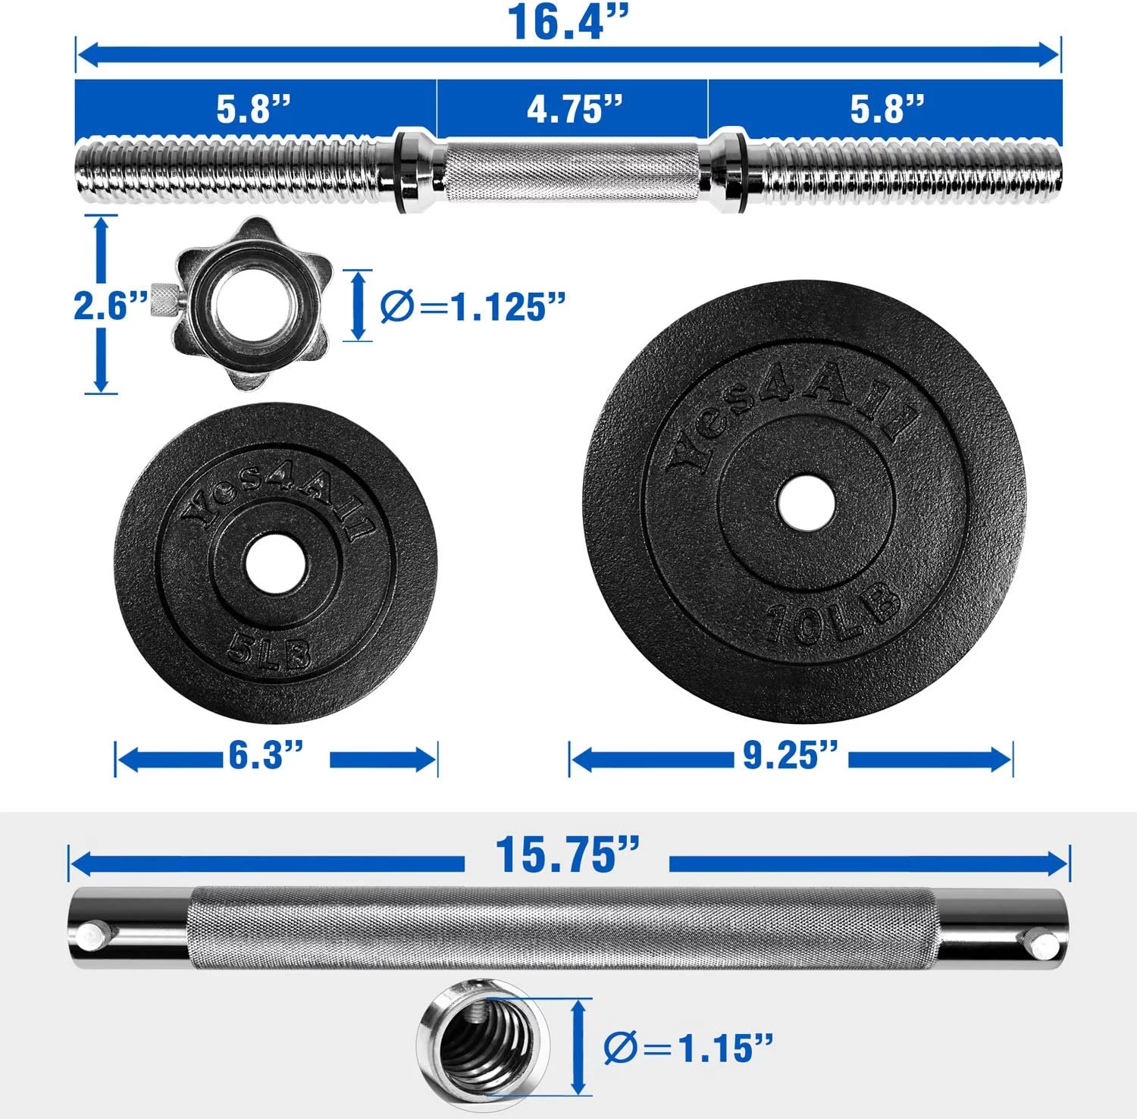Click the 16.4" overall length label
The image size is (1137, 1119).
point(568,22)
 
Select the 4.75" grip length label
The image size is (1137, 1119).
point(574,109)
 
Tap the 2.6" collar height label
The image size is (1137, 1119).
point(110,306)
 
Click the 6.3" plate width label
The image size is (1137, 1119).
point(266,755)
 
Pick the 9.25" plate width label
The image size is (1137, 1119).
point(791,755)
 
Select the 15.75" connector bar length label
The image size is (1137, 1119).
point(567,855)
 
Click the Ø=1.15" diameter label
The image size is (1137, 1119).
point(688,1048)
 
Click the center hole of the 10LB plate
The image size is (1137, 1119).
point(806,503)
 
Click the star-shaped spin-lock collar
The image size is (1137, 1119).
point(250,304)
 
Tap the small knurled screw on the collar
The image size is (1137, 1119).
point(162,302)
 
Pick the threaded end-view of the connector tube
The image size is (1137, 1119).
point(484,1045)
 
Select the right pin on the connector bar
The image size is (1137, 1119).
point(1046,945)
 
